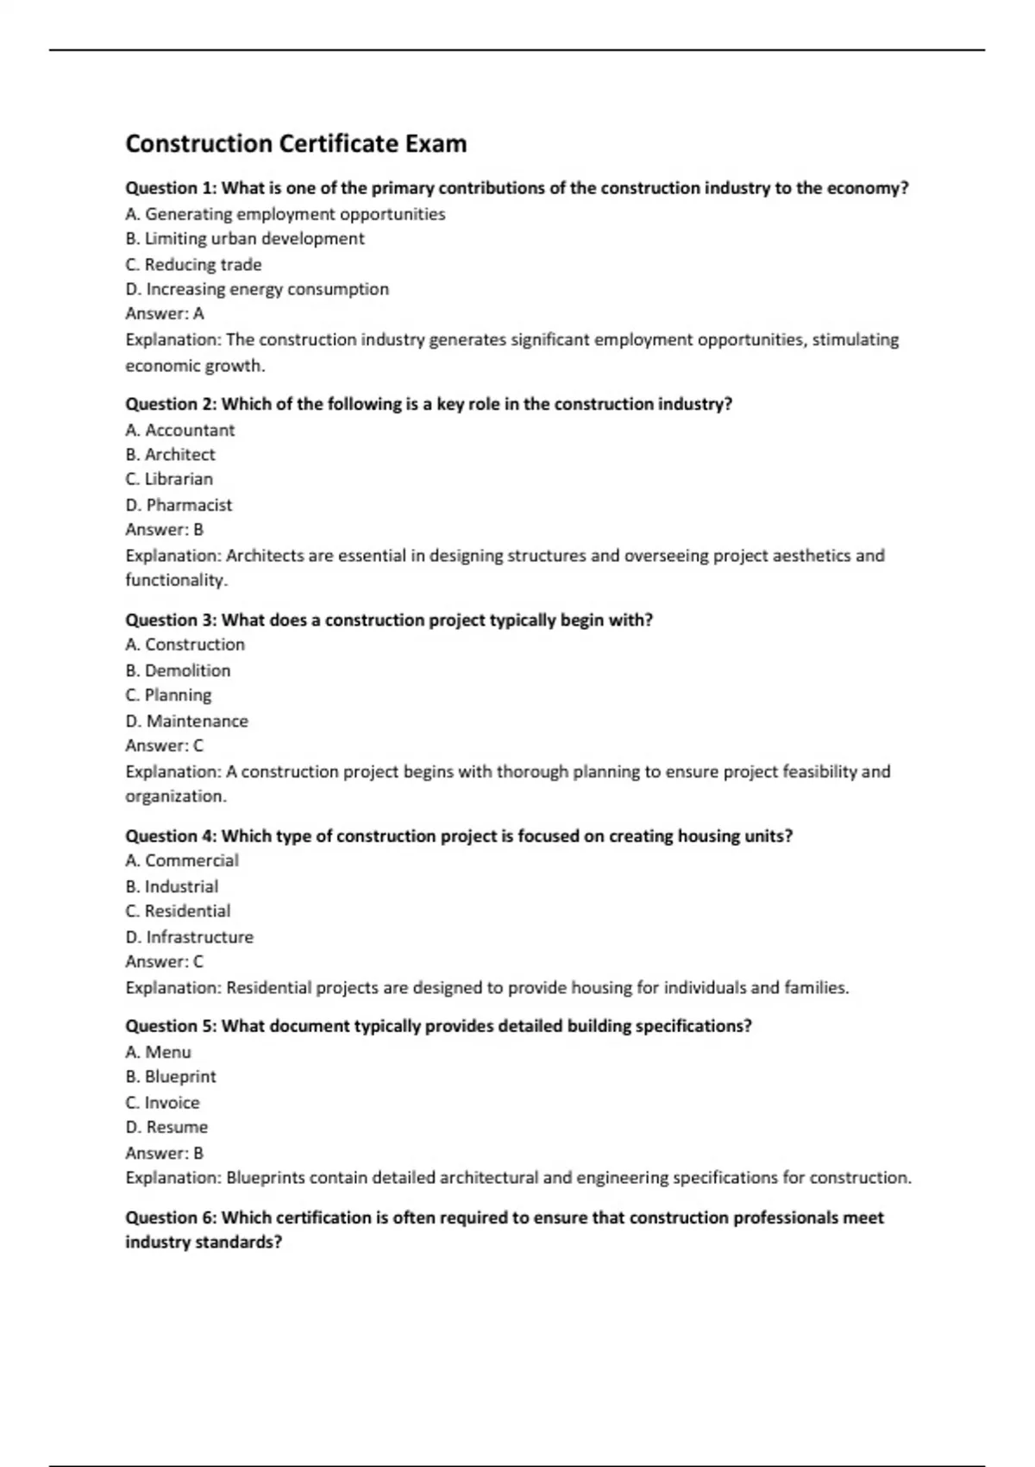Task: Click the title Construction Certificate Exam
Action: click(296, 143)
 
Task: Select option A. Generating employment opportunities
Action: click(285, 214)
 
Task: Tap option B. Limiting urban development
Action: click(245, 239)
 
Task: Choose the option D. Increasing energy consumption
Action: click(257, 289)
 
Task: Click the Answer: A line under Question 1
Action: click(165, 314)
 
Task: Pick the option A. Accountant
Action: click(179, 430)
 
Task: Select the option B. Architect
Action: click(170, 455)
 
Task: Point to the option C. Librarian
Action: click(169, 479)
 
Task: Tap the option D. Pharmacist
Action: click(179, 505)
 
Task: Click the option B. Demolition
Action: click(178, 671)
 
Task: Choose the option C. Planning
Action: click(168, 696)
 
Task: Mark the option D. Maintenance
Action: click(186, 721)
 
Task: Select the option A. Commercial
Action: click(181, 860)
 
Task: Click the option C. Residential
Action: click(178, 911)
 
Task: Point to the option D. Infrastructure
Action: click(189, 937)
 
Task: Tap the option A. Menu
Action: click(158, 1052)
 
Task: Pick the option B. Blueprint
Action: click(171, 1077)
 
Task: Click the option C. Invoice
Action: click(162, 1103)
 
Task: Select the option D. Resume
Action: click(166, 1128)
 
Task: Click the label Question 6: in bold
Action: click(171, 1218)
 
